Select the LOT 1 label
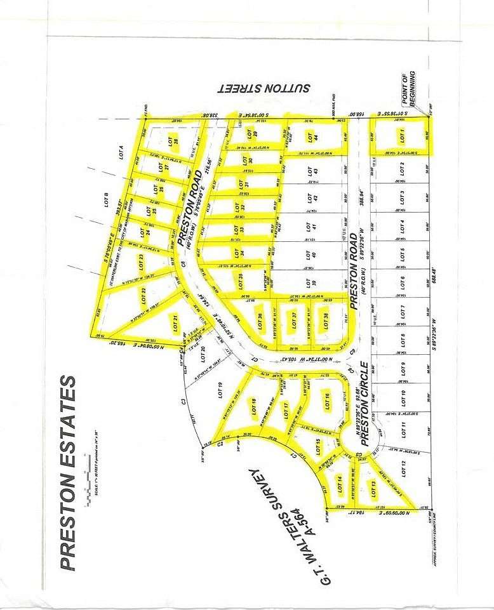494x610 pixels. [401, 136]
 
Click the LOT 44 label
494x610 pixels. [310, 136]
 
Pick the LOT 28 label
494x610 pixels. [171, 142]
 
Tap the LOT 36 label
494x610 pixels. [260, 322]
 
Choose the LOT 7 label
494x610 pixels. [402, 311]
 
